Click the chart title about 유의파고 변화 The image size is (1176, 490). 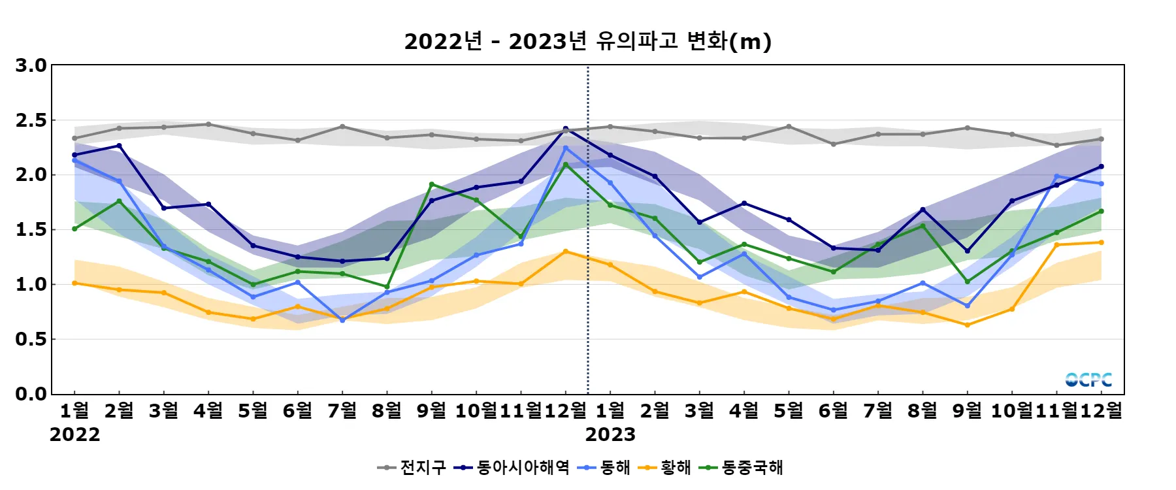[587, 42]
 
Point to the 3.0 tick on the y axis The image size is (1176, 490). [31, 65]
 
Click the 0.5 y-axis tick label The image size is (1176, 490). [31, 339]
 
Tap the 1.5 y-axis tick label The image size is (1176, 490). [31, 229]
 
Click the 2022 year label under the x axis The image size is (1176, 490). [74, 434]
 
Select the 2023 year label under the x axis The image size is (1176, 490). [610, 434]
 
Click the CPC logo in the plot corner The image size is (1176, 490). [1088, 380]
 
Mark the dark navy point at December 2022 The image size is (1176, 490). [566, 129]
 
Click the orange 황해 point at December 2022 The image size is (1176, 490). [566, 252]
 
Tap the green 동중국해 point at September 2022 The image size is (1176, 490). [431, 184]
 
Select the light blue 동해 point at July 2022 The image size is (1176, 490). [342, 320]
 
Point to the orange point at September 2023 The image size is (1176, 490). [968, 325]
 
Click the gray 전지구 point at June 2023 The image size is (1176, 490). [834, 144]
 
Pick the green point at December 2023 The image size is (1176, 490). [1102, 211]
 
